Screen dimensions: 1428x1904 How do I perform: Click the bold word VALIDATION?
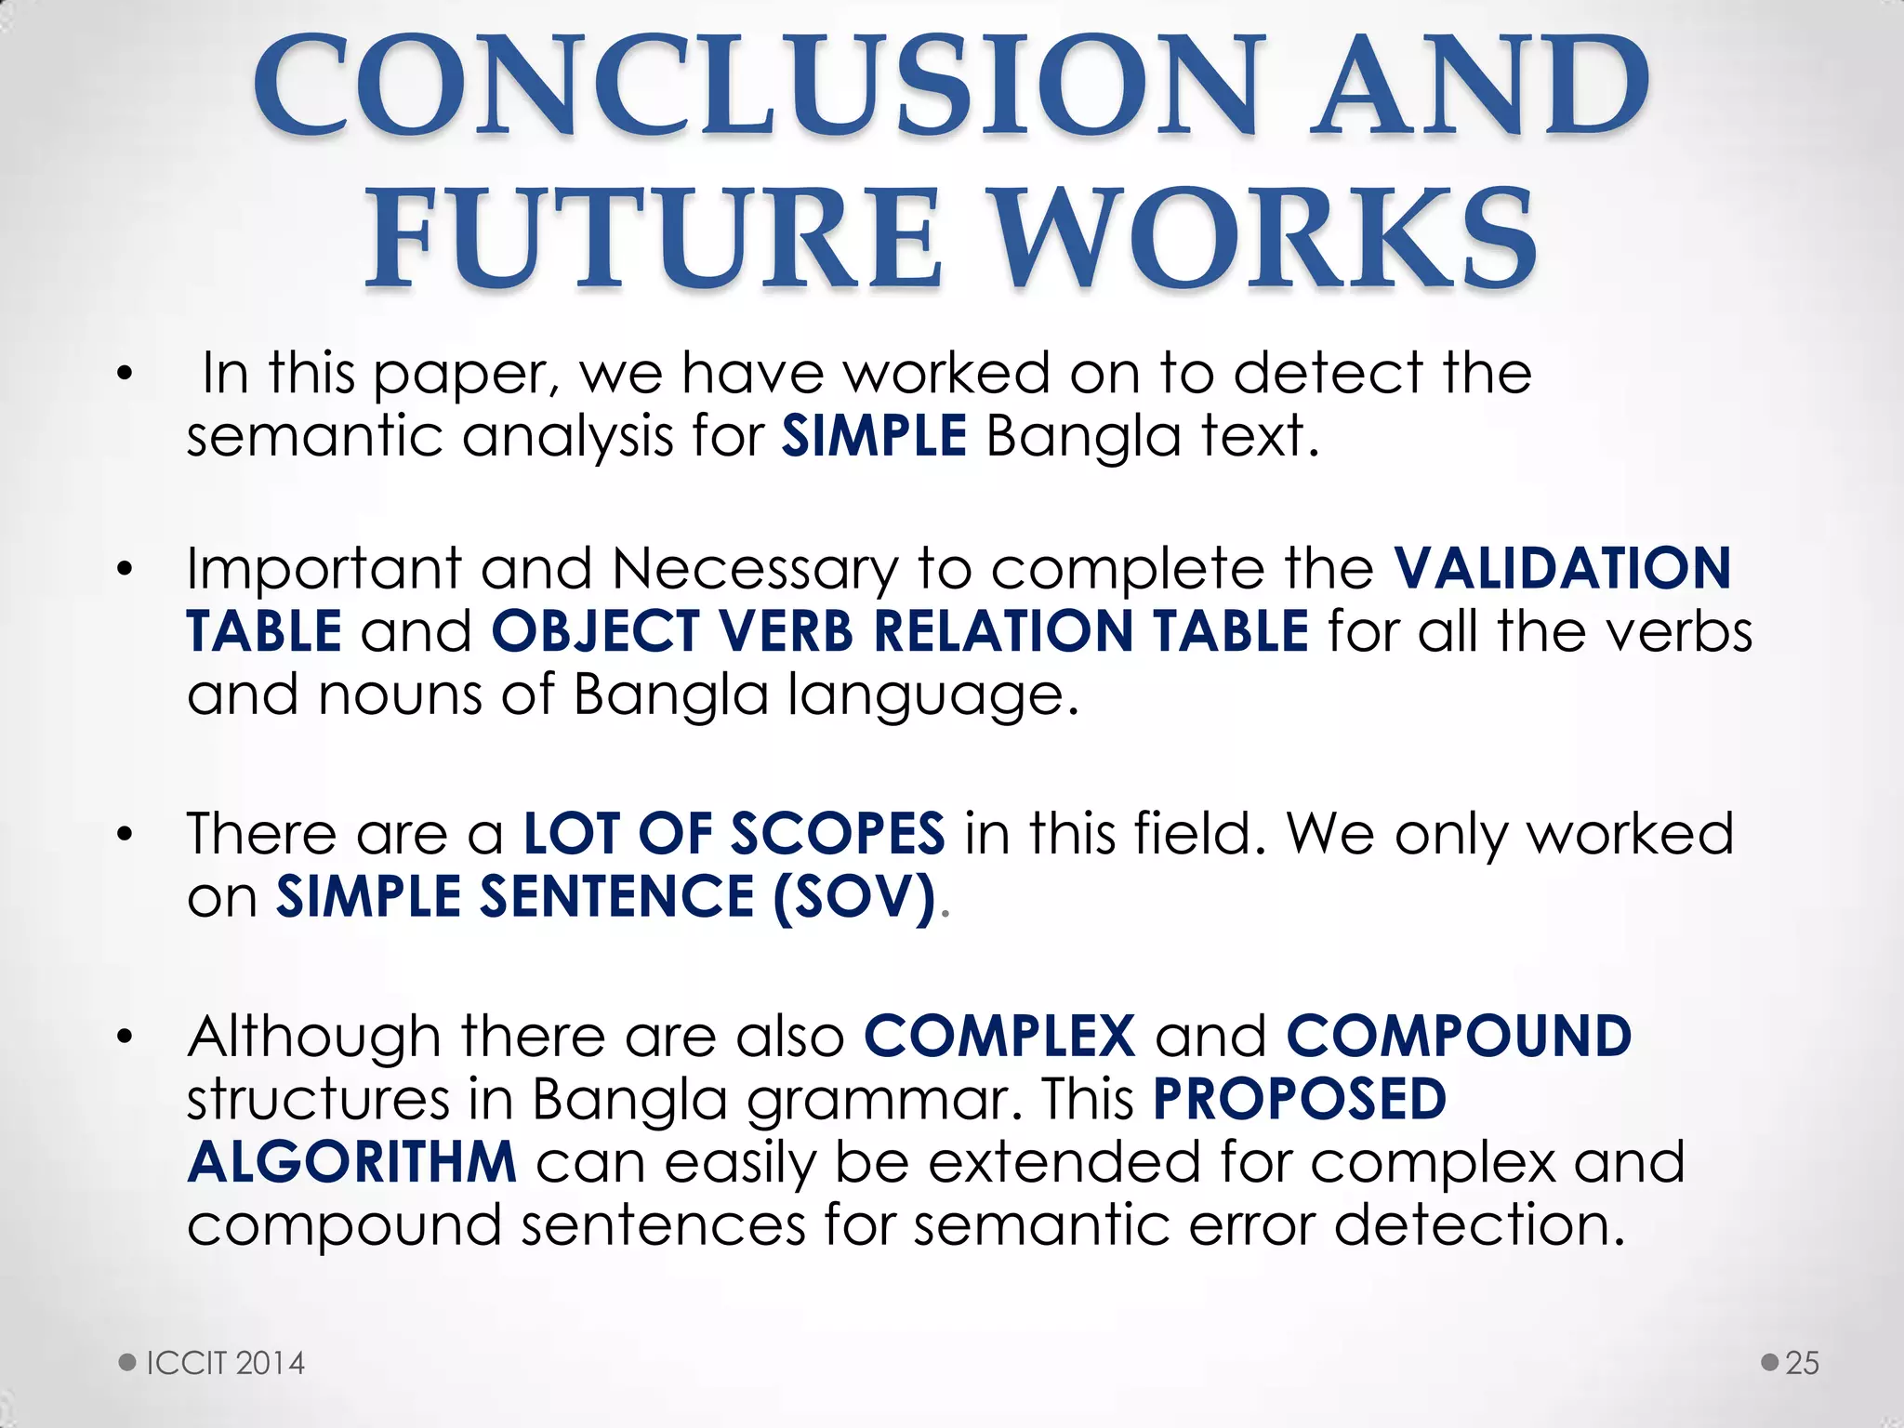pyautogui.click(x=1562, y=568)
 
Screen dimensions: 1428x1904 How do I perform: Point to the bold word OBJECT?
pyautogui.click(x=595, y=631)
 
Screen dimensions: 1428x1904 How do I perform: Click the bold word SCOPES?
pyautogui.click(x=837, y=833)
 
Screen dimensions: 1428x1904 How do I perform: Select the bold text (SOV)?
pyautogui.click(x=853, y=896)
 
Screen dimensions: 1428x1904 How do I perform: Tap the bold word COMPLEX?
pyautogui.click(x=999, y=1036)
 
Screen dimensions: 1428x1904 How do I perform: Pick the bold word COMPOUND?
pyautogui.click(x=1459, y=1036)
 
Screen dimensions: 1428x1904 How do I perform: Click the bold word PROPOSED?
pyautogui.click(x=1300, y=1099)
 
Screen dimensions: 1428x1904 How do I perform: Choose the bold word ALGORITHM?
pyautogui.click(x=351, y=1162)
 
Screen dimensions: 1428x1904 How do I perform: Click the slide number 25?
pyautogui.click(x=1802, y=1363)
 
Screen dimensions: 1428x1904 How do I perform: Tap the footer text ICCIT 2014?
pyautogui.click(x=226, y=1363)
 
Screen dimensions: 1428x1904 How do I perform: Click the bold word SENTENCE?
pyautogui.click(x=616, y=896)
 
